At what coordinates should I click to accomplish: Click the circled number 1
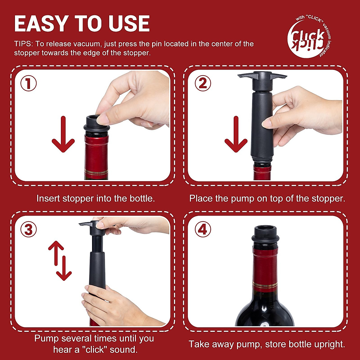28,83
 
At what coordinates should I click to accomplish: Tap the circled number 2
203,83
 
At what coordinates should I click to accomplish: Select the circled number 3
28,230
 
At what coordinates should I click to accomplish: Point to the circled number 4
203,230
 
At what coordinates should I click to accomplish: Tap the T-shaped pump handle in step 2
262,78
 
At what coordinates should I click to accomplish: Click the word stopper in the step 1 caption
78,199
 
